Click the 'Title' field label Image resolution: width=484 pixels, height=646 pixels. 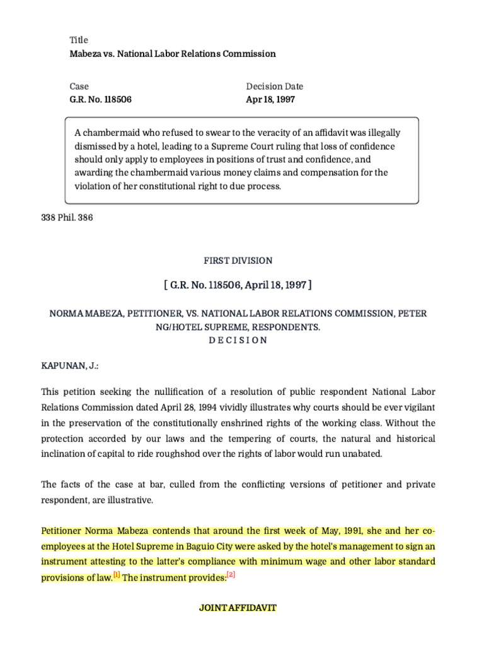point(79,40)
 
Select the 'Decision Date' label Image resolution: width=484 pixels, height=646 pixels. point(274,86)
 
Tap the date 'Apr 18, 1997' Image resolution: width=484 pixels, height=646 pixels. point(270,99)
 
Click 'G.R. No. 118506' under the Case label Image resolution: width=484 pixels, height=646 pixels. point(100,99)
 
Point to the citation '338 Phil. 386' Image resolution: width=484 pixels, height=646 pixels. point(67,218)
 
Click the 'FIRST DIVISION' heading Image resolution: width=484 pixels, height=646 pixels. point(238,261)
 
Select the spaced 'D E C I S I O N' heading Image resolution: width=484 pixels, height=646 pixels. point(238,340)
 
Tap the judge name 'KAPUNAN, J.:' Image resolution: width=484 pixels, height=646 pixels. point(69,366)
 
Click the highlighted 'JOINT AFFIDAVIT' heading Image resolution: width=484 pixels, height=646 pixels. point(238,608)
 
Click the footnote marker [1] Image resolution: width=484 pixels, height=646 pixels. point(117,575)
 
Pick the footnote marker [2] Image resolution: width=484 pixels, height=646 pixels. point(231,575)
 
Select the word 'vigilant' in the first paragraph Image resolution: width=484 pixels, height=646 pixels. point(418,408)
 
